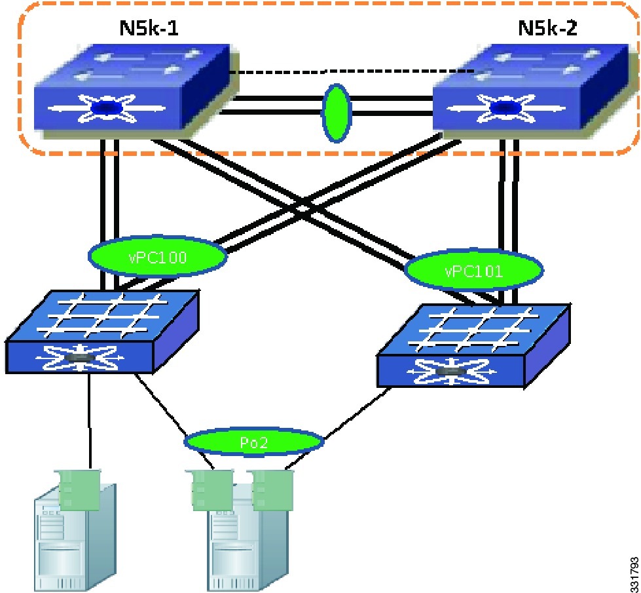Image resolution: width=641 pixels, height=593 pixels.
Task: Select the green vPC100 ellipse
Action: (157, 256)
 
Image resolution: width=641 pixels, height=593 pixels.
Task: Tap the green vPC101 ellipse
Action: (473, 270)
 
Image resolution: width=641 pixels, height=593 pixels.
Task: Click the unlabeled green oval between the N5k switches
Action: (337, 112)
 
